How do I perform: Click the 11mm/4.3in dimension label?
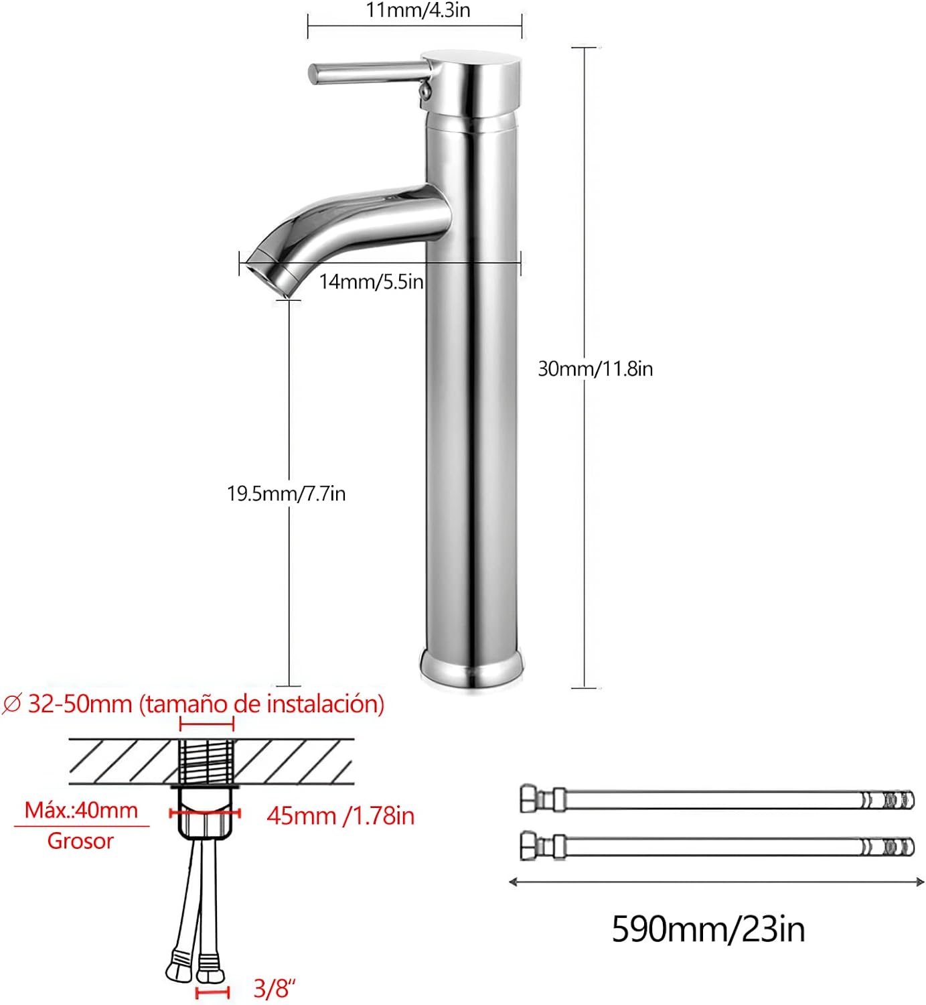418,10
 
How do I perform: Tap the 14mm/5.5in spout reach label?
371,281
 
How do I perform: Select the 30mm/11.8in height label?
595,368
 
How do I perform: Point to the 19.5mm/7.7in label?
287,493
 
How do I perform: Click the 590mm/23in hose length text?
708,929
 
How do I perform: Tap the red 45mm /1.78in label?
340,816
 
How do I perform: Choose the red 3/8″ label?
274,989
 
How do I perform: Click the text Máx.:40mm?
82,810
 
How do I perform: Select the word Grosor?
80,841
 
